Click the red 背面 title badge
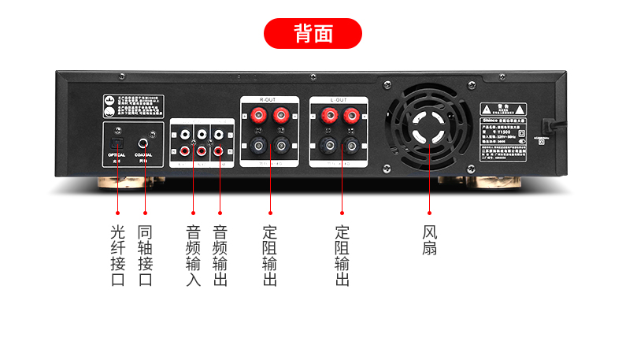coord(312,34)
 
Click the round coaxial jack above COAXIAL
coord(144,143)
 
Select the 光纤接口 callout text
coord(118,256)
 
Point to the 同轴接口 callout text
coord(145,256)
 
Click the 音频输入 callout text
coord(193,256)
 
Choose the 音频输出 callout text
coord(220,256)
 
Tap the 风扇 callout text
coord(429,240)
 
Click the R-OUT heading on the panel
coord(268,100)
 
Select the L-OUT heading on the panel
coord(339,100)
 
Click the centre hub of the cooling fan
coord(430,128)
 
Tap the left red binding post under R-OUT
coord(257,117)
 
